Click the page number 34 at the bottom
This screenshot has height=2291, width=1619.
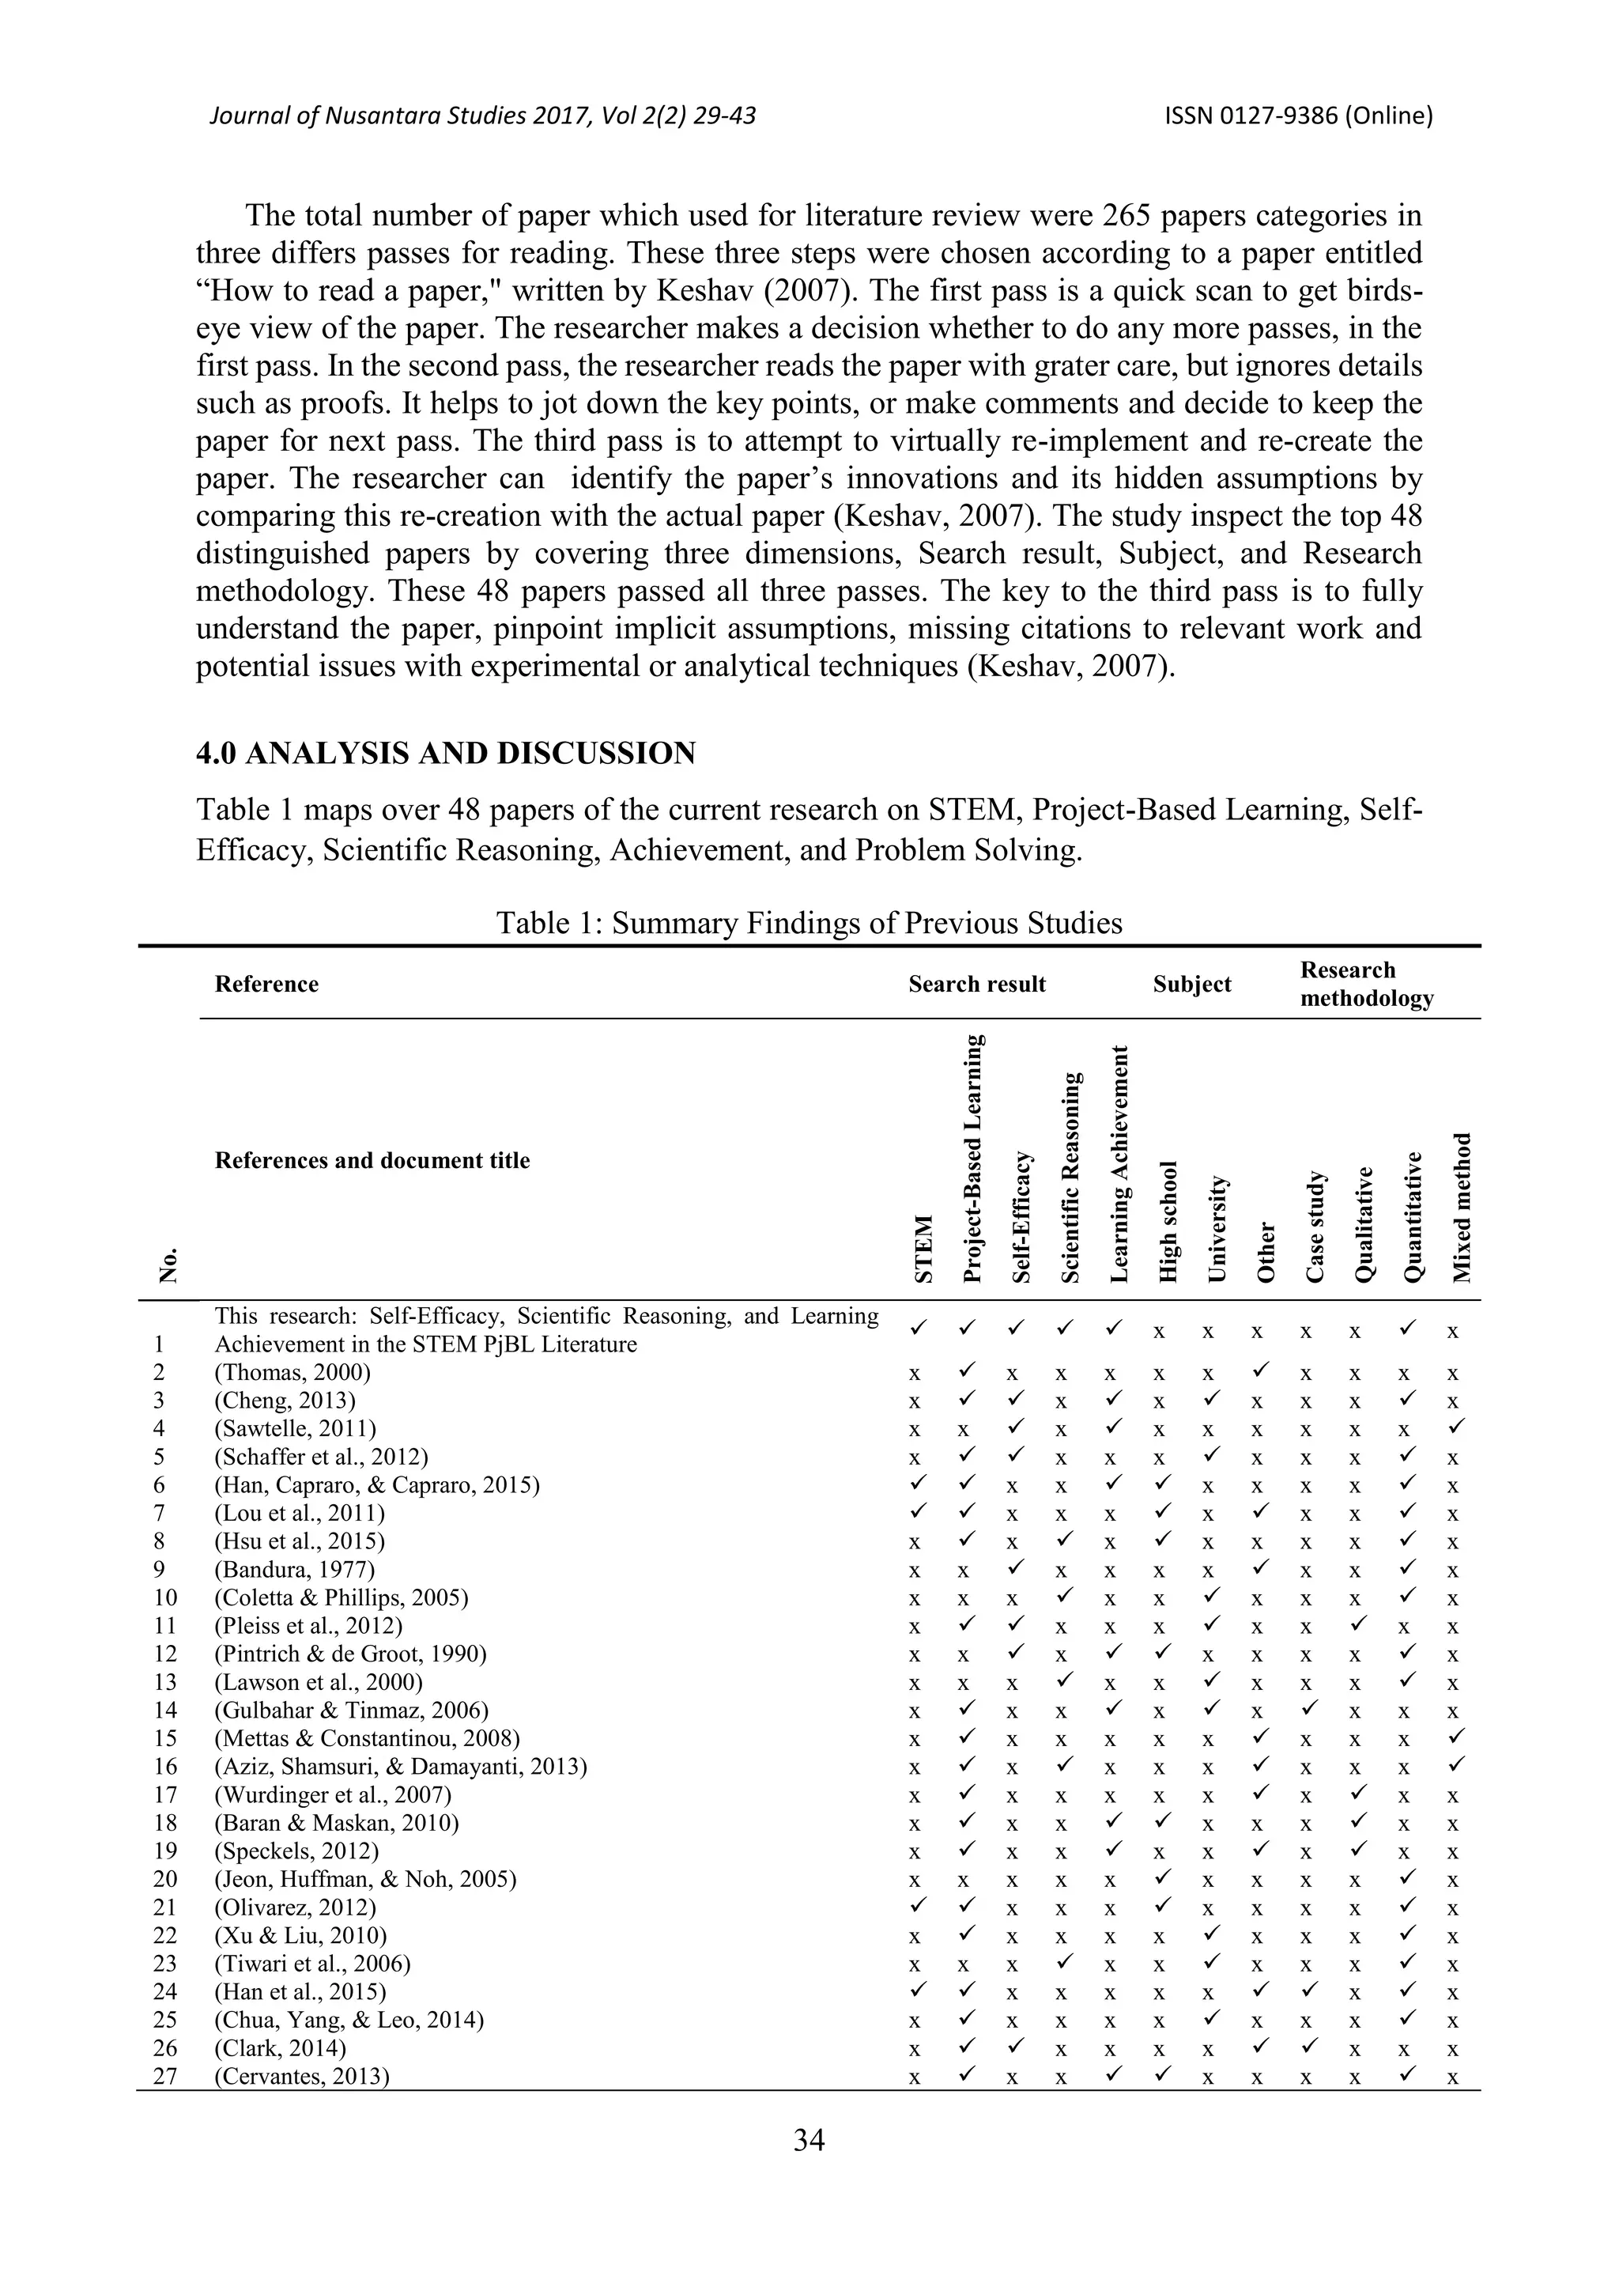808,2139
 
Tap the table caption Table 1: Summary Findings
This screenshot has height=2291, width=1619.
808,922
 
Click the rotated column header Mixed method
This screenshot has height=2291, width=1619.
1462,1208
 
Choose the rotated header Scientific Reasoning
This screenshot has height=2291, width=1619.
1070,1178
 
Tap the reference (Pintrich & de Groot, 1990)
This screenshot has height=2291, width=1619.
350,1654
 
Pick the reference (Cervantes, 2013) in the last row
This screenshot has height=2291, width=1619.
301,2077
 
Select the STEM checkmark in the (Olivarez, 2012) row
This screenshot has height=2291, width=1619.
915,1907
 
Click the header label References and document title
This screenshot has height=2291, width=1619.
372,1160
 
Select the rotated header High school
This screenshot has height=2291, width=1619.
1168,1223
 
